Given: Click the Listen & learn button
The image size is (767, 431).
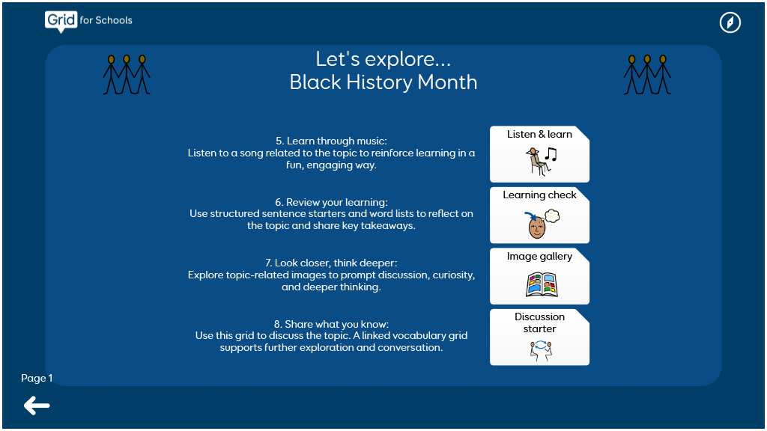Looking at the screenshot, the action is tap(539, 154).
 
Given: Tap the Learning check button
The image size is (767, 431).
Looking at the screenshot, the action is tap(539, 215).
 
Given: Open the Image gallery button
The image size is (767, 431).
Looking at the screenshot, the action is tap(539, 276).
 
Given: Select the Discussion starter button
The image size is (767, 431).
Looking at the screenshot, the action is tap(539, 337).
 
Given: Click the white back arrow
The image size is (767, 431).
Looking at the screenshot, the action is tap(37, 406).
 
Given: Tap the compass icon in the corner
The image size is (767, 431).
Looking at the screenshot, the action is tap(730, 22).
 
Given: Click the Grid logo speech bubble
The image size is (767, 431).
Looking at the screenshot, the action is tap(61, 22).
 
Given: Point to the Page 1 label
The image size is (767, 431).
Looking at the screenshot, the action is tap(37, 378).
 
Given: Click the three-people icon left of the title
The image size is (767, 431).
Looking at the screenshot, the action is tap(127, 74).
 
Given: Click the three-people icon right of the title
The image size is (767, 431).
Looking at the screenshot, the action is tap(647, 74).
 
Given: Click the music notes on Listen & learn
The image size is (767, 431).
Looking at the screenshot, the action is tap(551, 154).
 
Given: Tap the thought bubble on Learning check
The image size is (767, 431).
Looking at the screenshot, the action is tap(552, 215).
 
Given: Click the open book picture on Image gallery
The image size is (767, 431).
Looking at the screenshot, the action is tap(542, 285).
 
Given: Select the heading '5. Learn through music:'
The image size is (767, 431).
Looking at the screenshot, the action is tap(331, 141).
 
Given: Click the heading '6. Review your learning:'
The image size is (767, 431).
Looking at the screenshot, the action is tap(331, 202).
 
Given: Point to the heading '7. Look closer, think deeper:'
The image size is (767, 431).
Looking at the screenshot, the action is tap(331, 263).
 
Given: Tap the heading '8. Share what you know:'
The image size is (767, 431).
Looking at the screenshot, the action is tap(331, 324).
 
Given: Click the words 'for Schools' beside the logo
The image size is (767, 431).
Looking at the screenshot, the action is tap(106, 20).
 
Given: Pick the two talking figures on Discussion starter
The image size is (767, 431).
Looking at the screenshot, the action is tap(541, 351).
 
